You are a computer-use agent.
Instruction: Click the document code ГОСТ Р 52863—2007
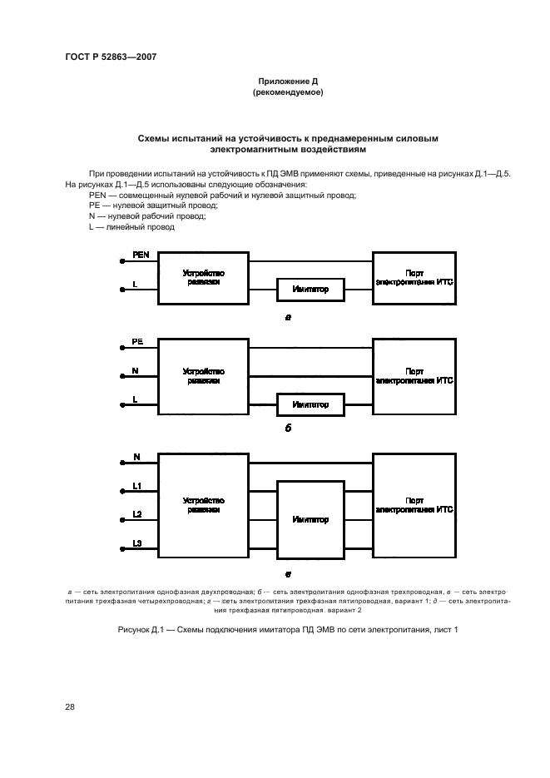tap(111, 57)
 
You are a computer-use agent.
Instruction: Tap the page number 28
tap(70, 706)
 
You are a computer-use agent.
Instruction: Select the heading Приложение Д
tap(287, 82)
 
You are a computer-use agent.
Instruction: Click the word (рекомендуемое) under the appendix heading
tap(287, 92)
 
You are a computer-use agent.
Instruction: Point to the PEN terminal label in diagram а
tap(141, 255)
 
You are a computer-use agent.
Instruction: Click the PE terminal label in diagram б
tap(137, 342)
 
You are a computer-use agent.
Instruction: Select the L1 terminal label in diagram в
tap(137, 484)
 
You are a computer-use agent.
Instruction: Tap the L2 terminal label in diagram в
tap(137, 513)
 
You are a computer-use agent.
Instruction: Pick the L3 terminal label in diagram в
tap(137, 543)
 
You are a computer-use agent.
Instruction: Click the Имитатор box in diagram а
tap(310, 290)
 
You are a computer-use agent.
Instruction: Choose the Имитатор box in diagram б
tap(310, 405)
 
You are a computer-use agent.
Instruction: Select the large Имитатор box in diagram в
tap(310, 519)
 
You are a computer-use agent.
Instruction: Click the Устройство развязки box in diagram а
tap(203, 278)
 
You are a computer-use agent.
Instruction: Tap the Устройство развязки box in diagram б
tap(203, 375)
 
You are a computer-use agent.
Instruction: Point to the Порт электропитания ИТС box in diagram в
tap(414, 505)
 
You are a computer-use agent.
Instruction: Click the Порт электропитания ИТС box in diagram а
tap(414, 278)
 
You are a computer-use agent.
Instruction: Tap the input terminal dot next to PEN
tap(123, 260)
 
